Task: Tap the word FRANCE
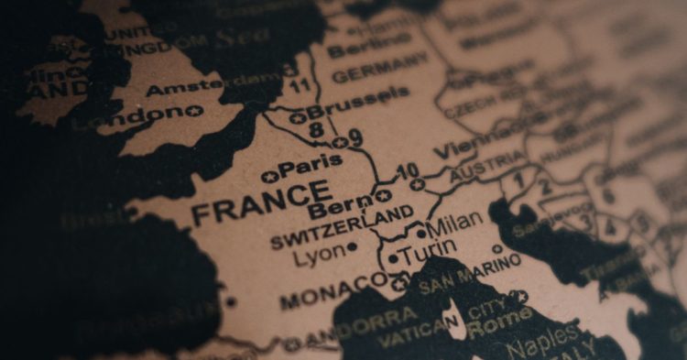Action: click(x=261, y=202)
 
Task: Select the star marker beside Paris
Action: click(x=267, y=175)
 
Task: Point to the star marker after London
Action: click(x=194, y=111)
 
